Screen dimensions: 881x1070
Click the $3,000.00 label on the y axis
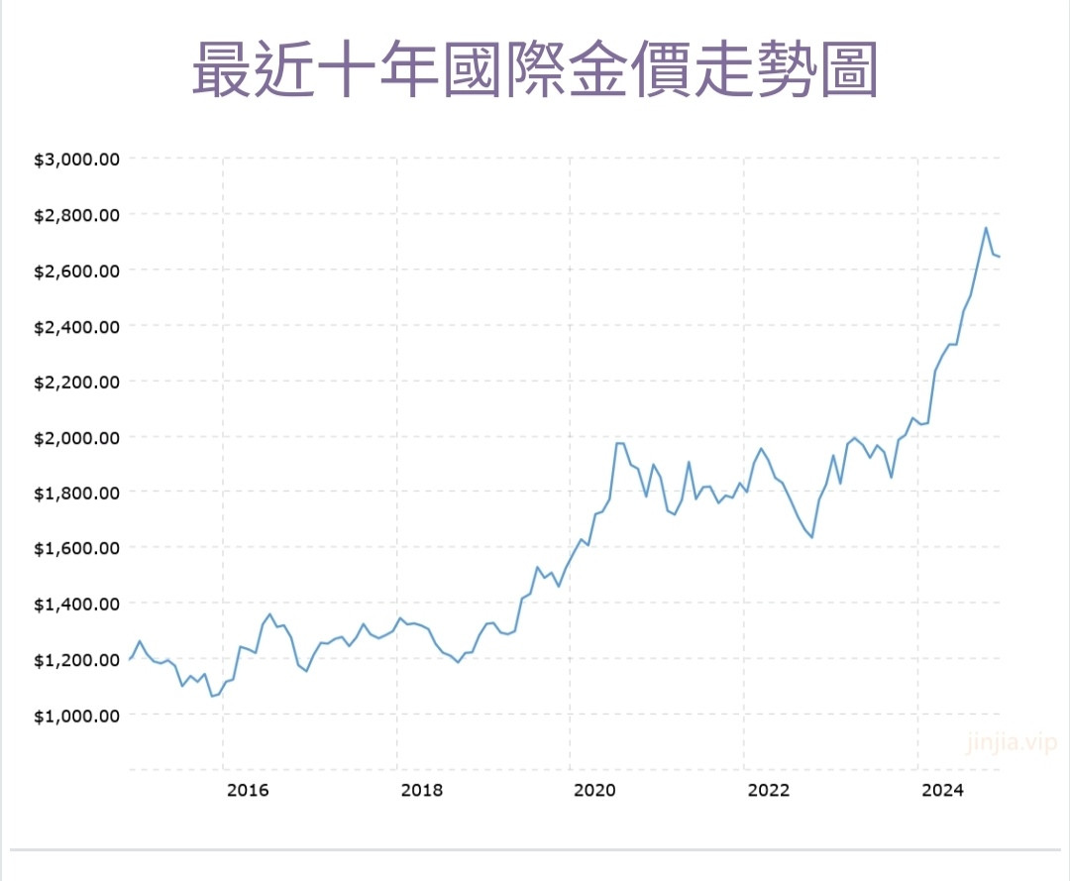pos(76,159)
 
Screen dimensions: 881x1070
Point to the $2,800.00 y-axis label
pos(76,214)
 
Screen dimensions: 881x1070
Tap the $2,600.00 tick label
pos(76,270)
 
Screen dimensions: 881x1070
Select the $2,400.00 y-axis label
pos(76,326)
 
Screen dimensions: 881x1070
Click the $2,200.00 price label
pos(76,382)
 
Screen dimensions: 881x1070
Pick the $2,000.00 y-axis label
pos(76,437)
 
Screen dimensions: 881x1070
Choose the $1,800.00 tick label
pos(76,493)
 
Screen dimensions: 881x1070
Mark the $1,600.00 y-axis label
pos(76,548)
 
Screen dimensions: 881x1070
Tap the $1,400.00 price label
pos(76,604)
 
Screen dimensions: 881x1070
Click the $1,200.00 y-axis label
pos(76,659)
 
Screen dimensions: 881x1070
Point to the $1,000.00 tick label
pos(76,715)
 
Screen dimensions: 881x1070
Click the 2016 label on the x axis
pos(248,790)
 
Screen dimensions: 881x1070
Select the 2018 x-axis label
pos(422,790)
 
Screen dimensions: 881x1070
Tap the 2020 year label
pos(595,790)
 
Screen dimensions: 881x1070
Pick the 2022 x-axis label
pos(769,790)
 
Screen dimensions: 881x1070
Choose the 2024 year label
pos(942,790)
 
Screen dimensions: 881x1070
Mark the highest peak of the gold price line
pos(986,228)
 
